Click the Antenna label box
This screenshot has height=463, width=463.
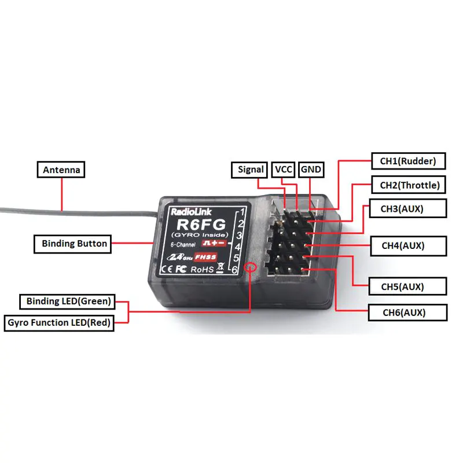(61, 170)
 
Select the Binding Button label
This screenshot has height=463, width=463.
(74, 244)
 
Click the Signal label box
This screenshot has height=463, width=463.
(251, 170)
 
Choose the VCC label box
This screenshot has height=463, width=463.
(284, 170)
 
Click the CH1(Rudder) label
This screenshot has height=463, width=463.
(407, 161)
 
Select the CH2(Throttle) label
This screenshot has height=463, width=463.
(409, 186)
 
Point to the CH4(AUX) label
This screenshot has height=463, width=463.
(403, 245)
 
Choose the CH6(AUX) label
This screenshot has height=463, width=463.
(404, 313)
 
